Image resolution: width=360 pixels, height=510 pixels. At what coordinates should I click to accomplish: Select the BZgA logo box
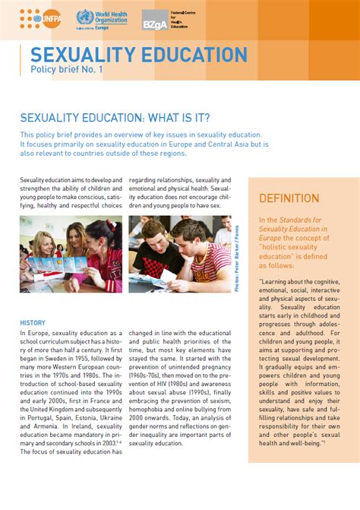point(155,21)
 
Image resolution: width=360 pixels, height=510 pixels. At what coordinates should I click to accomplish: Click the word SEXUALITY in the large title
point(81,55)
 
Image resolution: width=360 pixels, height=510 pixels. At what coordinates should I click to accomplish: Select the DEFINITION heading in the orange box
point(289,198)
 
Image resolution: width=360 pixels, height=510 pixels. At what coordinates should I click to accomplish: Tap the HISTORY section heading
point(33,323)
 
